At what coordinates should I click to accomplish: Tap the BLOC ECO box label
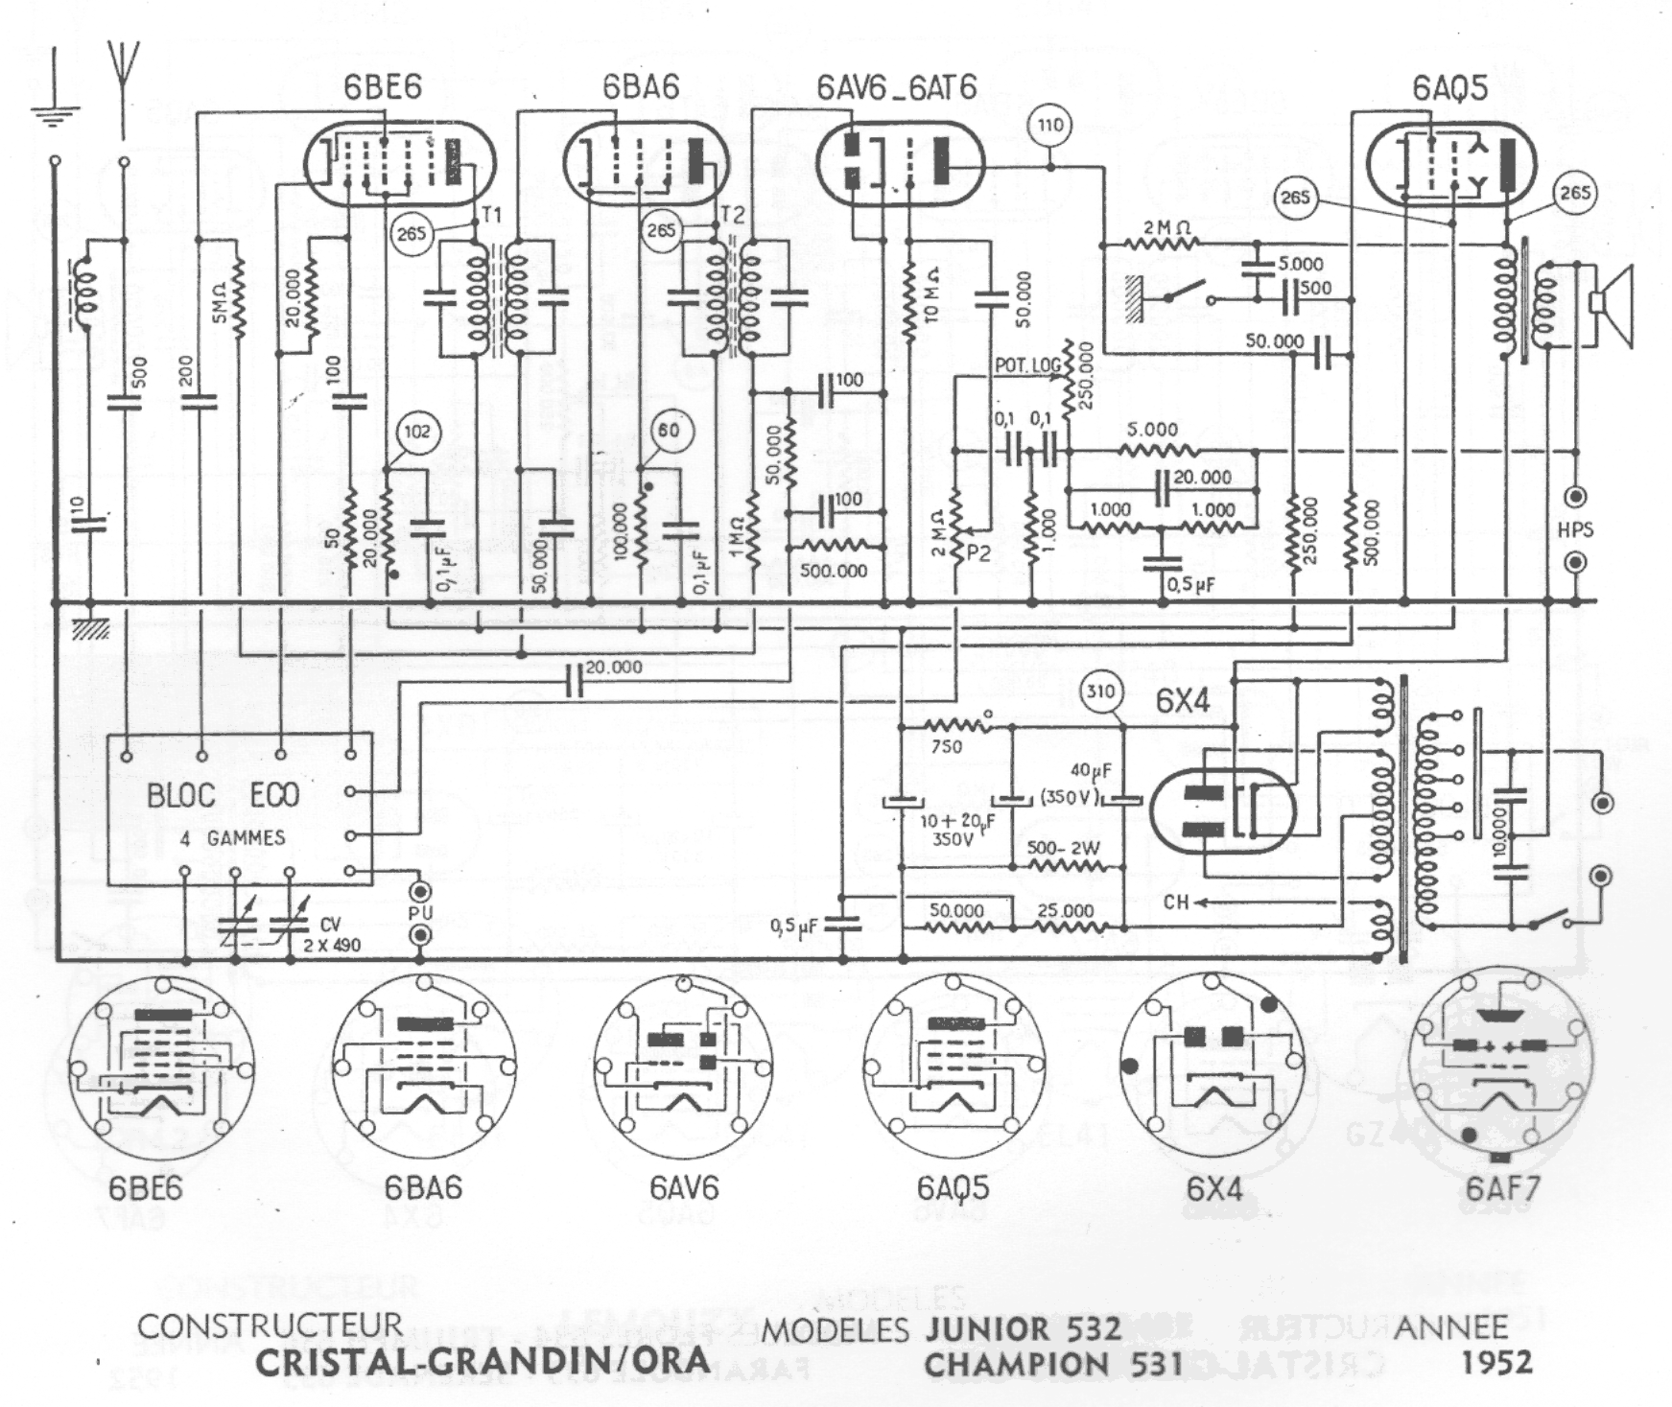223,795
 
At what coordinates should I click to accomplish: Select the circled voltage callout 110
1050,126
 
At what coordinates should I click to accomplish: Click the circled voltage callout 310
1102,692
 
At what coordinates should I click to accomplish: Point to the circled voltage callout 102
416,433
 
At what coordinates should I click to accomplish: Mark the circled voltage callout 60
669,431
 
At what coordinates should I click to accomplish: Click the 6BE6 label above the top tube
382,87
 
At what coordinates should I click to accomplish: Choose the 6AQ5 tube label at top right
1449,87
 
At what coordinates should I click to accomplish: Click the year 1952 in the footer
1497,1362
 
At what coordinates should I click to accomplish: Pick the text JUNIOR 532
1023,1328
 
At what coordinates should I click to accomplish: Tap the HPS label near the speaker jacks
1575,529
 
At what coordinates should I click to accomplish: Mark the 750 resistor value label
946,746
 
